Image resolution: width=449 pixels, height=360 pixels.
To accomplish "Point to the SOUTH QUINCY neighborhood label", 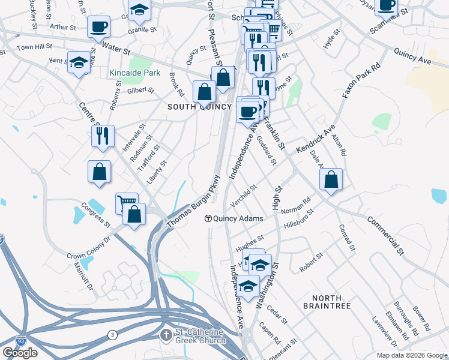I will click(199, 107).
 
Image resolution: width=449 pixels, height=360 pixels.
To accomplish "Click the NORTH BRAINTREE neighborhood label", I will click(327, 302).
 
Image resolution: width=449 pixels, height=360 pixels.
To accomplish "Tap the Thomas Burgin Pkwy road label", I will click(190, 202).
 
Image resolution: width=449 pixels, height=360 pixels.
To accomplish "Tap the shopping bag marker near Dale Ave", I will click(331, 179).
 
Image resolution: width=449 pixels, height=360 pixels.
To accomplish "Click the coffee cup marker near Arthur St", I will click(98, 26).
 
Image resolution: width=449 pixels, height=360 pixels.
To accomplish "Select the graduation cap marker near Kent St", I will click(79, 63).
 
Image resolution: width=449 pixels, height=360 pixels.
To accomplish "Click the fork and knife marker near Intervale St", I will click(103, 136).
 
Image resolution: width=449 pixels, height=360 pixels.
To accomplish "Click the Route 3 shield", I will click(112, 334).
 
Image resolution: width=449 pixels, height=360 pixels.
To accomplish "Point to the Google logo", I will click(20, 353).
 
